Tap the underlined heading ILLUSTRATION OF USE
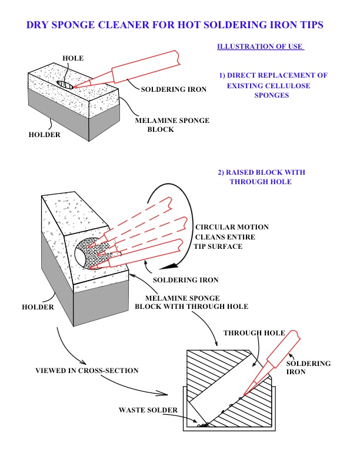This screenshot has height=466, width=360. (260, 47)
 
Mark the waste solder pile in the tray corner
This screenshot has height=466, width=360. (205, 424)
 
